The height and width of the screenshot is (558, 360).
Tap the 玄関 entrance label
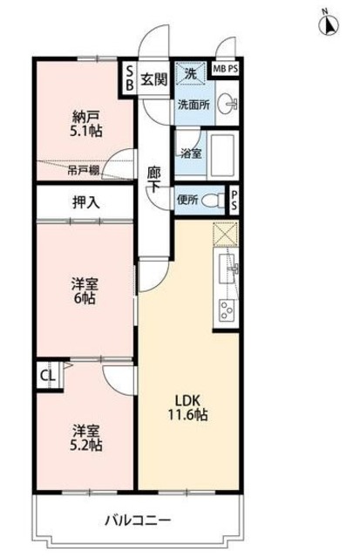tap(154, 78)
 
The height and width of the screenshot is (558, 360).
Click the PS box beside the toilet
tap(233, 201)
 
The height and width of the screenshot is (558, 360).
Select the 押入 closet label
tap(85, 202)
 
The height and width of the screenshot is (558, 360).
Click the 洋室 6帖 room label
tap(84, 289)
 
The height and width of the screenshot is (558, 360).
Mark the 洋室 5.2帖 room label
tap(85, 437)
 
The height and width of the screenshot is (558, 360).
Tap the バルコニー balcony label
tap(139, 520)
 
